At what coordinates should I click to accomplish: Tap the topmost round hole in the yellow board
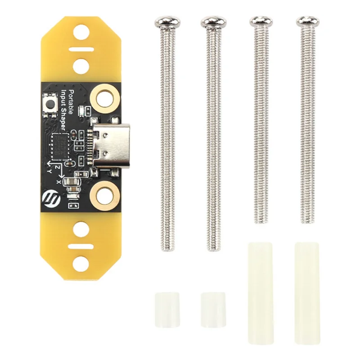coord(81,31)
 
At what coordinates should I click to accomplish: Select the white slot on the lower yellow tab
coord(81,246)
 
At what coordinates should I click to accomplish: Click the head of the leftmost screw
coord(167,21)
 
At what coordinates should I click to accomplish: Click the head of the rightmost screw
coord(308,21)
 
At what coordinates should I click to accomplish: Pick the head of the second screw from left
coord(214,21)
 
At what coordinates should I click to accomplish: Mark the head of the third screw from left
coord(261,21)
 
